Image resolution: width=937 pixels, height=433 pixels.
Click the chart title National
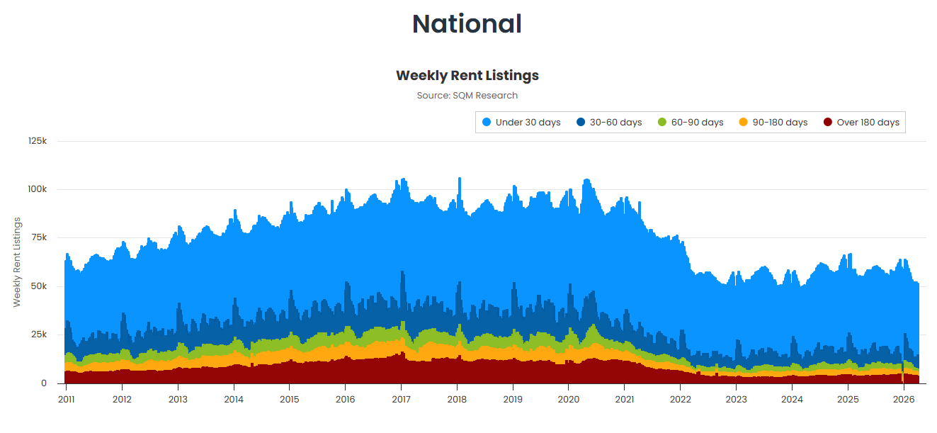[x=467, y=24]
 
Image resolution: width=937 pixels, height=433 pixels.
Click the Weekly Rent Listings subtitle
[x=467, y=75]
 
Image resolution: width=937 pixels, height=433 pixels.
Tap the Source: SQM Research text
[x=467, y=96]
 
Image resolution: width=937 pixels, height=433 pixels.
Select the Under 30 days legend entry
[x=521, y=123]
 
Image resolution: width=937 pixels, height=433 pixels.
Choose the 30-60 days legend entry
[x=609, y=123]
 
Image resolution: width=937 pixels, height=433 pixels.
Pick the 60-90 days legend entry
[x=691, y=123]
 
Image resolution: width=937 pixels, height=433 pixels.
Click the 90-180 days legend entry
[x=773, y=123]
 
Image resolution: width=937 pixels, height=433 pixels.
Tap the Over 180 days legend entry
[x=861, y=123]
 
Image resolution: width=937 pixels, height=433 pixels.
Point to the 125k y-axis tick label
[x=38, y=141]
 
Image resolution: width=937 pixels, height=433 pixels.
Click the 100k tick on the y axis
[x=38, y=189]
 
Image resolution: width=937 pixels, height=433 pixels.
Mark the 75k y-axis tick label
[x=39, y=237]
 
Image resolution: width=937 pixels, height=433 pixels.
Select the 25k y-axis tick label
[x=39, y=334]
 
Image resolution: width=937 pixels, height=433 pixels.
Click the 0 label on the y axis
[x=44, y=383]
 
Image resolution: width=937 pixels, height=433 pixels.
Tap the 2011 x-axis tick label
[x=66, y=400]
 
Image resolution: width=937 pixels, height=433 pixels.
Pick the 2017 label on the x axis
[x=401, y=400]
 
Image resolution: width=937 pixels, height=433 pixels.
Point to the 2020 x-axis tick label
[x=569, y=400]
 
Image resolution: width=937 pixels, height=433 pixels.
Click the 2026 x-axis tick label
[x=904, y=400]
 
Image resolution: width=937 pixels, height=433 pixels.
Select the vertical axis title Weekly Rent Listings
[x=17, y=262]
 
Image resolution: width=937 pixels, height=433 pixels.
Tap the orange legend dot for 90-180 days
[x=744, y=123]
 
